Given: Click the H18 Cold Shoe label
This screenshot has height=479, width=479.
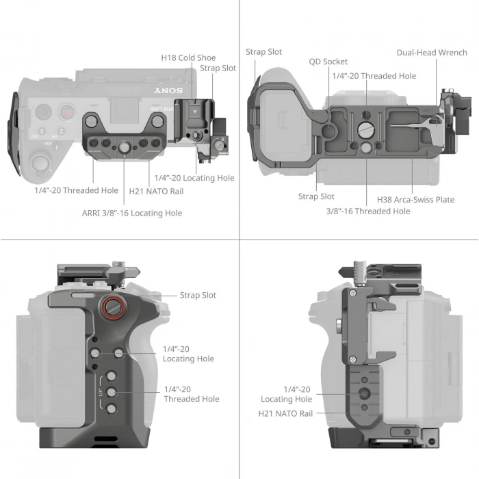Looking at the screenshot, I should pyautogui.click(x=188, y=58).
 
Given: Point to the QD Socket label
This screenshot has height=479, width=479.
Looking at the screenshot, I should pyautogui.click(x=328, y=62).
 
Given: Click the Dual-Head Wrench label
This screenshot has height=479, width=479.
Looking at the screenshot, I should pyautogui.click(x=432, y=53).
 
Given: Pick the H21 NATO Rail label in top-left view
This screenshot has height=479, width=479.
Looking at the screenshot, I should pyautogui.click(x=156, y=191).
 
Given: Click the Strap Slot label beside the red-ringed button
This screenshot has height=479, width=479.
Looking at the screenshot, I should pyautogui.click(x=198, y=295).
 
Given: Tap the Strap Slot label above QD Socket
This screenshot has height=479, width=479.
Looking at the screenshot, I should pyautogui.click(x=263, y=52).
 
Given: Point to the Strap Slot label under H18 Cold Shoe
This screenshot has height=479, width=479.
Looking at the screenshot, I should pyautogui.click(x=218, y=68).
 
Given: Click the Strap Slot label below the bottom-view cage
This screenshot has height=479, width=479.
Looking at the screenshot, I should pyautogui.click(x=317, y=196).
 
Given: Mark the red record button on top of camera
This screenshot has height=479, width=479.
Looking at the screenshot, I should pyautogui.click(x=66, y=112).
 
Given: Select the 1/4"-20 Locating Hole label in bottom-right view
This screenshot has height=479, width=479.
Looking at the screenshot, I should pyautogui.click(x=286, y=394).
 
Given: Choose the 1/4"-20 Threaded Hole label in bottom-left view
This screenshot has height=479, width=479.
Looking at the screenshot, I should pyautogui.click(x=192, y=394).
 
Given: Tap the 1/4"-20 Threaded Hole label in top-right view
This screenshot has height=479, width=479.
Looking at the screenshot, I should pyautogui.click(x=374, y=76).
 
